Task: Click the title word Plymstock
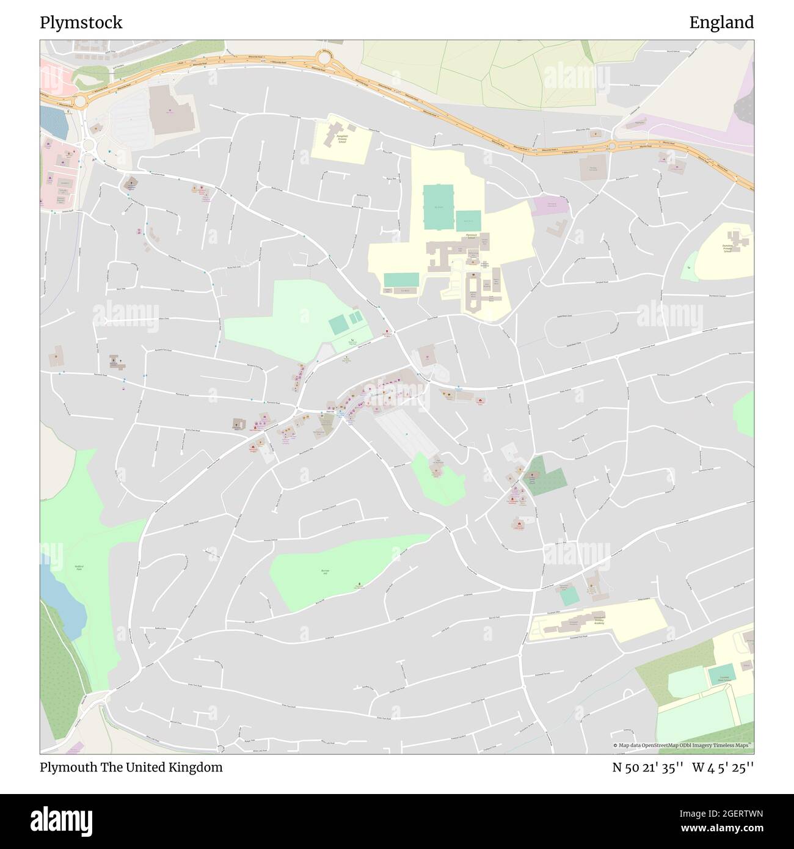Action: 81,23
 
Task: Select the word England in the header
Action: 721,23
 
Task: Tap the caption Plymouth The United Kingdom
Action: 131,767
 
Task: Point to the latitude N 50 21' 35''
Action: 647,767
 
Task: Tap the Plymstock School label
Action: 470,236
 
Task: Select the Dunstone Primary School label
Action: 727,247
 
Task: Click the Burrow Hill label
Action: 325,572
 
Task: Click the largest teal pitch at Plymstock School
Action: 439,199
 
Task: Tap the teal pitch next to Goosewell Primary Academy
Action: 569,596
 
